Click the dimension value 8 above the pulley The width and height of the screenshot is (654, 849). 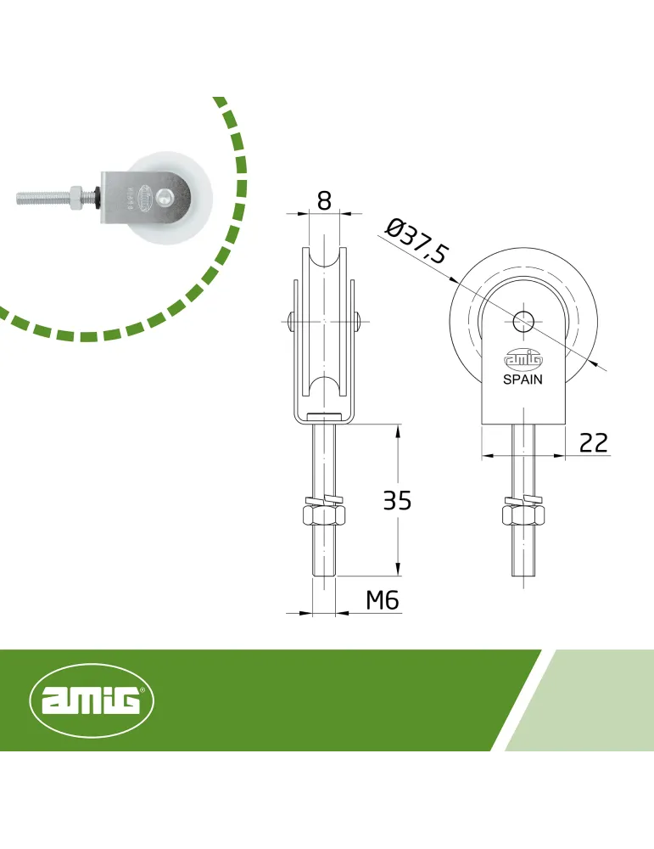[x=323, y=200]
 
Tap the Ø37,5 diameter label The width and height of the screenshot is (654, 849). [x=417, y=241]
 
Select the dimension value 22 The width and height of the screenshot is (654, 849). [x=594, y=442]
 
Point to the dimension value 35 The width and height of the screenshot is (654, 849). [x=397, y=500]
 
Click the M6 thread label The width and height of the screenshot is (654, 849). [x=383, y=600]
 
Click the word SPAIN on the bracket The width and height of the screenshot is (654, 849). [x=523, y=380]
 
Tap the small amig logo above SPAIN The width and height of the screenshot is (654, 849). [x=523, y=360]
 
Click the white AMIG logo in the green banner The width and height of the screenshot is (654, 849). [x=92, y=700]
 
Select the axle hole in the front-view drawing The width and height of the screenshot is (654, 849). [x=523, y=322]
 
